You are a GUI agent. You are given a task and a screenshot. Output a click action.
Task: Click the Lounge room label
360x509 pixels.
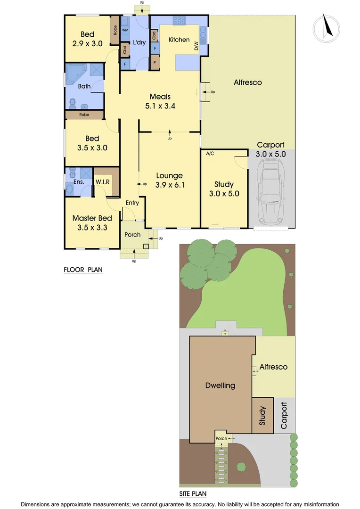[170, 176]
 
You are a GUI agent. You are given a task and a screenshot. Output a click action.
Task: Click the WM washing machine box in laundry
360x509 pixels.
[125, 30]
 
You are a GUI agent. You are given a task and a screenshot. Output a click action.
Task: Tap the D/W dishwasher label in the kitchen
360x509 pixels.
[196, 45]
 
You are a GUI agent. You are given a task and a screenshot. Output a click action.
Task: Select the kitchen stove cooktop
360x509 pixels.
[180, 20]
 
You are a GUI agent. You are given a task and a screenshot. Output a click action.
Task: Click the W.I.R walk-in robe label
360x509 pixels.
[103, 181]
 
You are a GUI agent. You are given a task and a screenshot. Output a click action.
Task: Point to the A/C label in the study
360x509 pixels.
[210, 154]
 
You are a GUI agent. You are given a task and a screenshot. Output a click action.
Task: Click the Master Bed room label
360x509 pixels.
[92, 218]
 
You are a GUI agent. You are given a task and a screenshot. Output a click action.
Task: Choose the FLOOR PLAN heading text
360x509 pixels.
[83, 270]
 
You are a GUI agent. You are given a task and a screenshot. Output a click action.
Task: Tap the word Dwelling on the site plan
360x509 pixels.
[220, 386]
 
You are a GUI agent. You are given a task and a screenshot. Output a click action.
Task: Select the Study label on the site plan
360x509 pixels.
[262, 416]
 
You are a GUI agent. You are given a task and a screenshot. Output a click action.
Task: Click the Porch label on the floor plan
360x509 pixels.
[132, 235]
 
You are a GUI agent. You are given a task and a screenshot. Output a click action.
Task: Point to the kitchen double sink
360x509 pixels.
[204, 32]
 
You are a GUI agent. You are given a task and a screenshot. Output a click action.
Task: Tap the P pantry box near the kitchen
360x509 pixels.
[155, 62]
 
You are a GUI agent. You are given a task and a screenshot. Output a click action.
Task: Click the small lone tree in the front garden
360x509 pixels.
[242, 467]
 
